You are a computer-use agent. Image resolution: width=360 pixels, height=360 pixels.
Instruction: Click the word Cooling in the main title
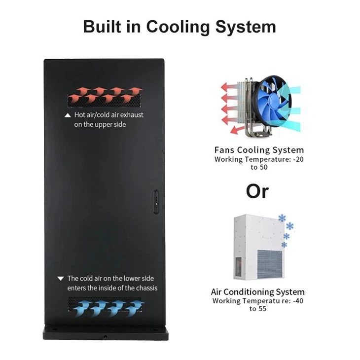coord(178,27)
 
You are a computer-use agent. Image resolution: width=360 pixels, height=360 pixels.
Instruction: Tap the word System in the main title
coord(246,27)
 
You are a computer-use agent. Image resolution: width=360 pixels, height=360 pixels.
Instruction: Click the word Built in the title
coord(102,27)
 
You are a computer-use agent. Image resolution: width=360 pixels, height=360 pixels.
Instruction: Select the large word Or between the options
coord(257,191)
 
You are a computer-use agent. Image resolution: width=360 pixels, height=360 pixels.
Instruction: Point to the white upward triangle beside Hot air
coord(68,115)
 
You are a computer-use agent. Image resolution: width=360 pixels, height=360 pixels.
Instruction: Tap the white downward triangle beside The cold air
coord(61,279)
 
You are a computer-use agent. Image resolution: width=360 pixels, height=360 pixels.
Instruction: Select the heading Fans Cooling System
coord(259,150)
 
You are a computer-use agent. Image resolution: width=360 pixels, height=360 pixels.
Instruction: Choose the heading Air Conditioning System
coord(258,292)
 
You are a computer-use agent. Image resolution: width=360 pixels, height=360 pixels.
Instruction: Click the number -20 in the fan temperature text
coord(298,159)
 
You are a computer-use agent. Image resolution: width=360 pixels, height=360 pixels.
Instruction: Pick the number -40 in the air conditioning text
coord(298,300)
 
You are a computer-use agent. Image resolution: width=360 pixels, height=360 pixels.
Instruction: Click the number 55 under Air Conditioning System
coord(262,309)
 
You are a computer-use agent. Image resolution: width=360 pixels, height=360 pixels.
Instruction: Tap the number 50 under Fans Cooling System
coord(263,167)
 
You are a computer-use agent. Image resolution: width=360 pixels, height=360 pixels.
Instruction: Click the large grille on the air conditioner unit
coord(270,264)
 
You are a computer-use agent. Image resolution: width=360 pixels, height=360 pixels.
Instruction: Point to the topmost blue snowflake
coord(282,218)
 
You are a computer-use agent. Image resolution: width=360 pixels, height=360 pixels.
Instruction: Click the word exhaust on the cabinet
coord(132,115)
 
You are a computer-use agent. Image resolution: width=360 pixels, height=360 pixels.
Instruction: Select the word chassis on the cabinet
coord(146,288)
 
